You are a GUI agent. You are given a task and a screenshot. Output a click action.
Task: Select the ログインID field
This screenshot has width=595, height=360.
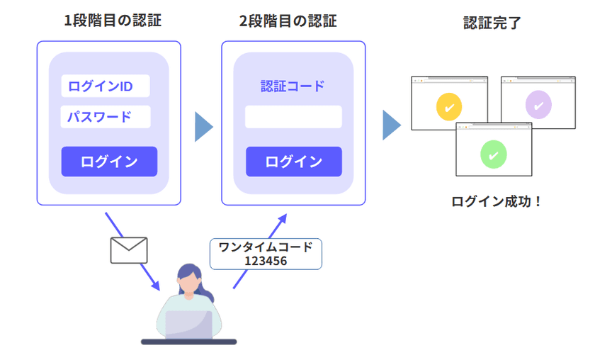click(x=105, y=86)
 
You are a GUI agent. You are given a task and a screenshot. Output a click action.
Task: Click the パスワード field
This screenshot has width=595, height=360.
click(x=105, y=117)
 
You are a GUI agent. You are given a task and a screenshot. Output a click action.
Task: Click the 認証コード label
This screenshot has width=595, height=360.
click(x=293, y=86)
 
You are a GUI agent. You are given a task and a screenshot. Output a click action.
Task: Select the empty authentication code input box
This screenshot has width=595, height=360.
click(x=293, y=117)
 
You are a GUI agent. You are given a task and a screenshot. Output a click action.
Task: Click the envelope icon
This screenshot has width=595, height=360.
click(x=129, y=250)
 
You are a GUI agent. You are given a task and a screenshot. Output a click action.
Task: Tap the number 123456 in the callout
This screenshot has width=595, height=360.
click(x=266, y=261)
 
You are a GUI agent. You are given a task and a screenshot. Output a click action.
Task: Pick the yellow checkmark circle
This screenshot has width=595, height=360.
click(x=449, y=106)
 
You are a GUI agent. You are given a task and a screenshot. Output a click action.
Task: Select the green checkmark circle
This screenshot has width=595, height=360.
click(x=494, y=152)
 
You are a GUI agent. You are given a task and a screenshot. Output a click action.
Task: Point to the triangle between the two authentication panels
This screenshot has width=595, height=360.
click(x=203, y=126)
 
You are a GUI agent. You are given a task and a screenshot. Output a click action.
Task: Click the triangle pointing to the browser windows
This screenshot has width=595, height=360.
click(x=391, y=125)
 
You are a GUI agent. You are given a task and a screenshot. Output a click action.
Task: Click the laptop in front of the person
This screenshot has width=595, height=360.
click(x=188, y=325)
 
